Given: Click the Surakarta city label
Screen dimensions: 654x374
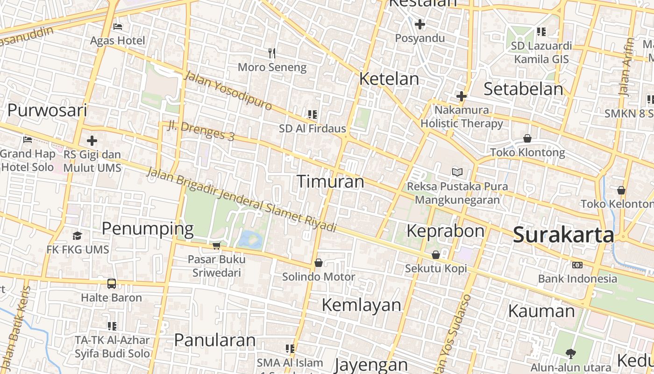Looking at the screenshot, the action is [x=563, y=235].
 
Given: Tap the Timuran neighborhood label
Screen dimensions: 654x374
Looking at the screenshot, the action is [x=330, y=181].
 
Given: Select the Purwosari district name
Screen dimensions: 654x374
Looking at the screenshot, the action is [x=47, y=110].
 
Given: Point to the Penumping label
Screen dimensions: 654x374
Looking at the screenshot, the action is [x=147, y=229].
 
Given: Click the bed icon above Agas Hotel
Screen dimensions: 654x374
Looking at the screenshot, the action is [x=118, y=26].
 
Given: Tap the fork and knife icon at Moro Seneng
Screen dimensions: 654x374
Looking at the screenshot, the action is [x=272, y=53].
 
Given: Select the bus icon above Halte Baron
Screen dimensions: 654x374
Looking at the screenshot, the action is [x=112, y=283].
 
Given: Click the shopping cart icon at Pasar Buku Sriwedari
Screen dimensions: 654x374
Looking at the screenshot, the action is [x=216, y=245].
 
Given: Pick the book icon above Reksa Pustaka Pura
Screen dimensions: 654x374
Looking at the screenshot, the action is [x=457, y=172].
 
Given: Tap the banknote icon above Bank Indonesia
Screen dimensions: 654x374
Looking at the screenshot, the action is [x=577, y=265].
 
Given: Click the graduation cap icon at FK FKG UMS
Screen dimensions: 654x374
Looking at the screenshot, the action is [x=78, y=236].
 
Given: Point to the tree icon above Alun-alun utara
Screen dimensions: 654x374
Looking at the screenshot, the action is [x=570, y=353].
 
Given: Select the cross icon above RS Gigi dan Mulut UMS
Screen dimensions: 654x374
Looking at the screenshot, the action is [x=92, y=140].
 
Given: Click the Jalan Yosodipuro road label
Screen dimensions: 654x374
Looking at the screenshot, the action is [x=227, y=90].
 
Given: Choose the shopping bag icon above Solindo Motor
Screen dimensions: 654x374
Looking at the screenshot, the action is [x=319, y=263].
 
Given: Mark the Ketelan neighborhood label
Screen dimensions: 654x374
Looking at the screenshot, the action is [x=389, y=79].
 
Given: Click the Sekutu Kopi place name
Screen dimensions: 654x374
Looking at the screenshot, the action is [x=436, y=268].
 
